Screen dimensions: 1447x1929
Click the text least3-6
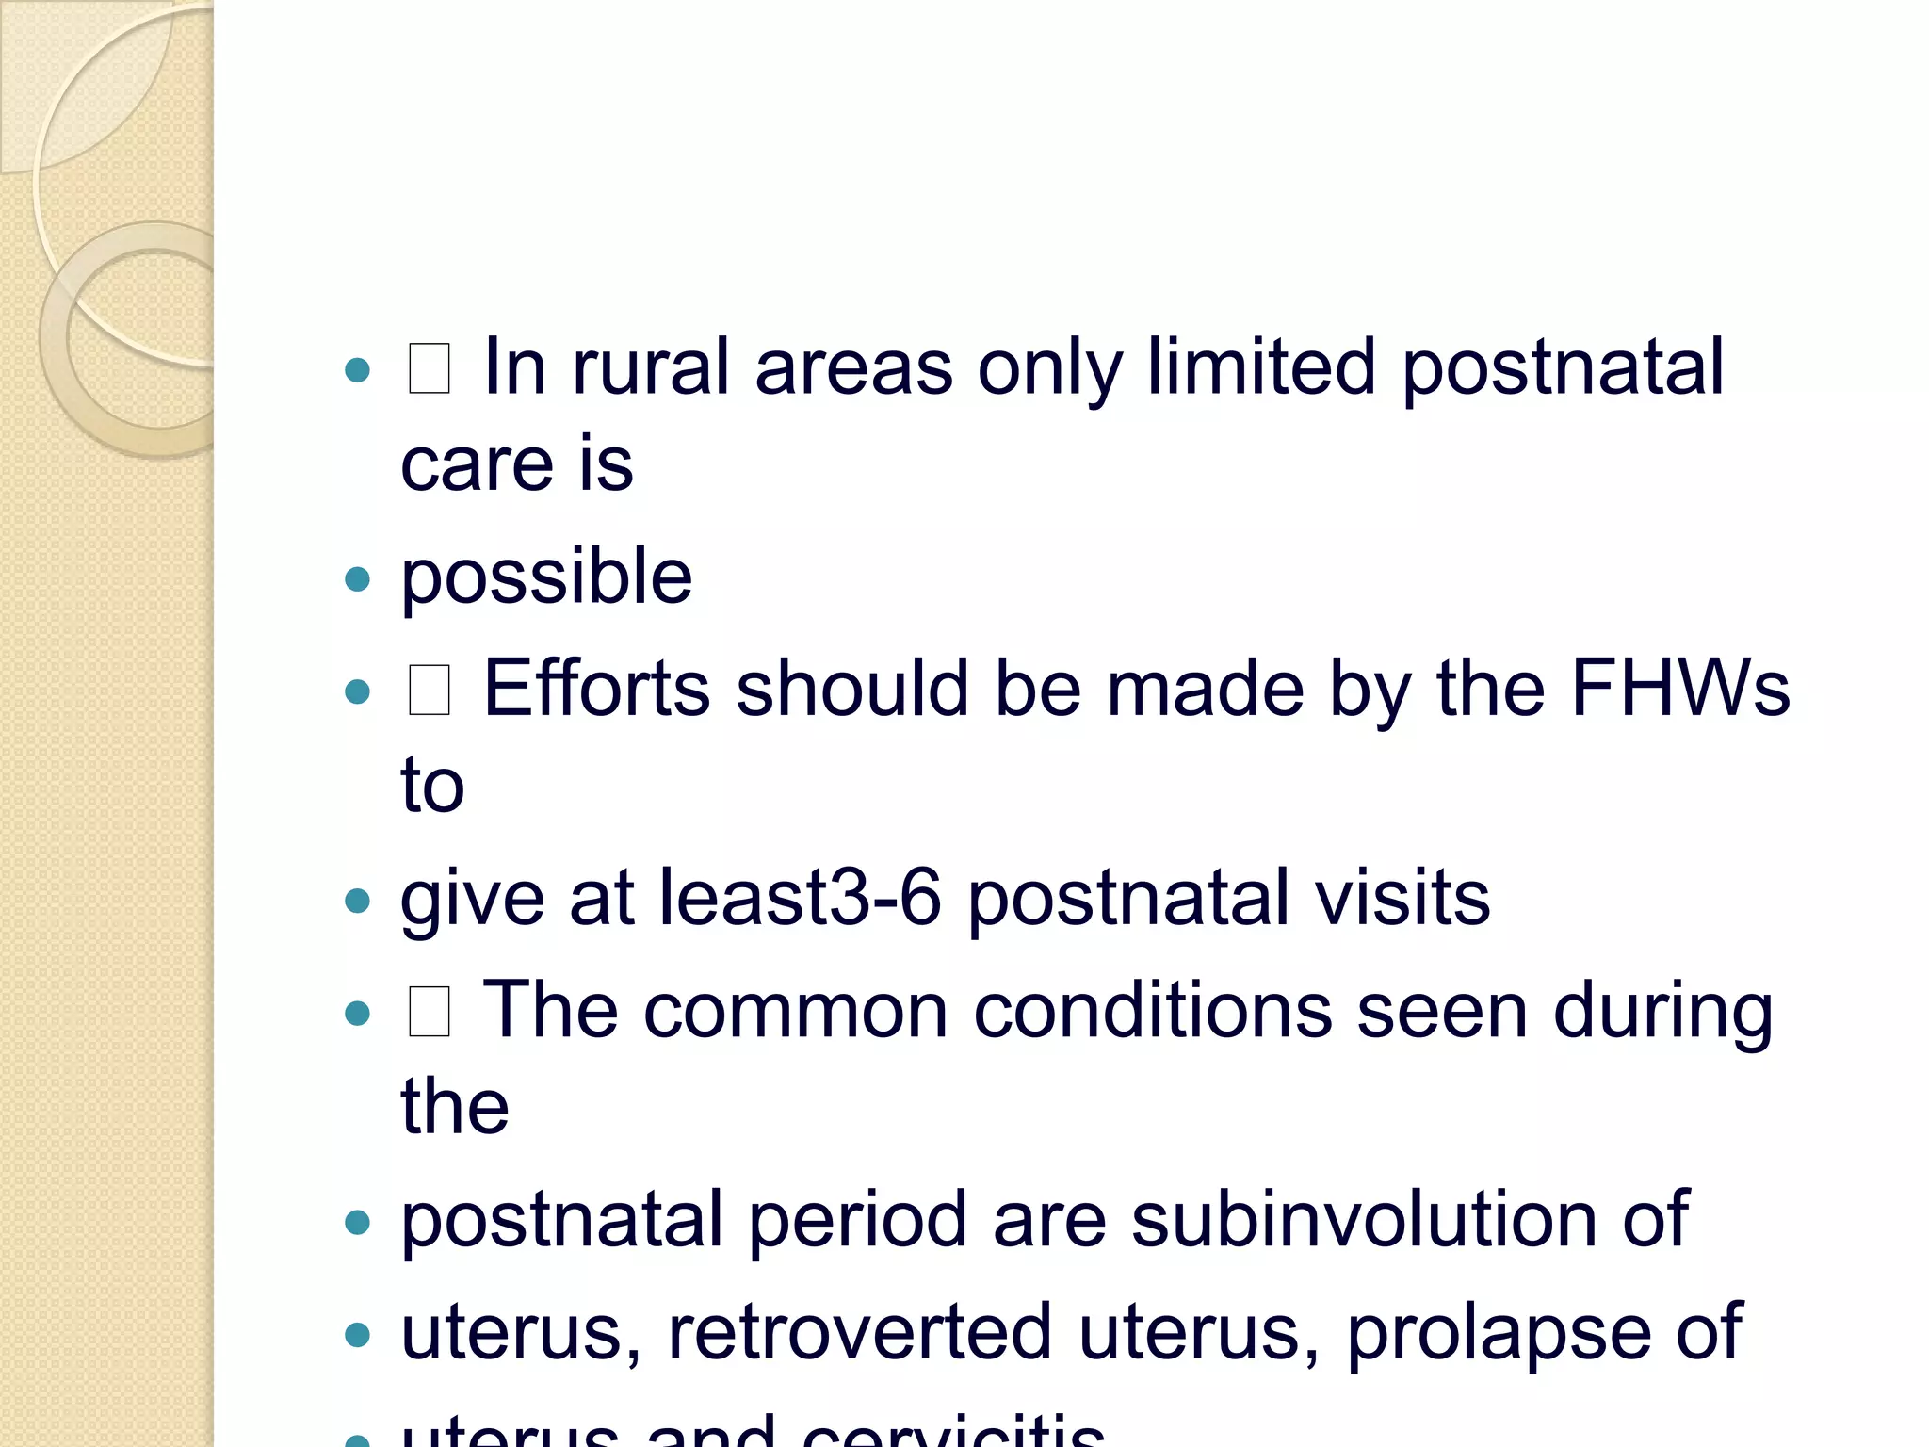pyautogui.click(x=800, y=898)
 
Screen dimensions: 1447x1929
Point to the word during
pyautogui.click(x=1662, y=1014)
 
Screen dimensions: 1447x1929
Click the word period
pyautogui.click(x=857, y=1222)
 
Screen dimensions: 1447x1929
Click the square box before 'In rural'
pyautogui.click(x=430, y=368)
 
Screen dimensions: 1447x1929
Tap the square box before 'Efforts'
pyautogui.click(x=430, y=690)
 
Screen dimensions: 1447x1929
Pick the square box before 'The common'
pyautogui.click(x=430, y=1012)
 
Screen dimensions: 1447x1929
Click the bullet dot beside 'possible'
pyautogui.click(x=358, y=578)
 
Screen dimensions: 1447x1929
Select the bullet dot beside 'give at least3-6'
pyautogui.click(x=358, y=901)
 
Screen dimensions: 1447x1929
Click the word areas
pyautogui.click(x=853, y=368)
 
